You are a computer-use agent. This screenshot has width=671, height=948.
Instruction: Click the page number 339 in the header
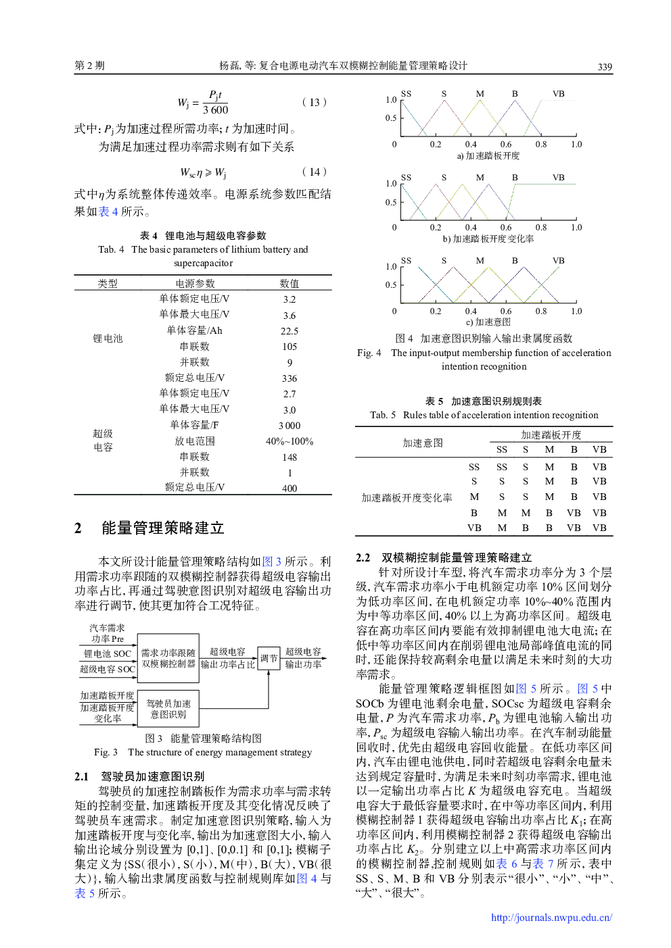click(x=605, y=67)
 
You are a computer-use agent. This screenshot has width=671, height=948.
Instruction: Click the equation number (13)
click(x=315, y=102)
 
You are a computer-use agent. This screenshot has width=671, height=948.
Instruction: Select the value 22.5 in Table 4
click(x=289, y=331)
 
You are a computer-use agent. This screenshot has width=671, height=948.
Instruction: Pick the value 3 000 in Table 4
click(x=289, y=426)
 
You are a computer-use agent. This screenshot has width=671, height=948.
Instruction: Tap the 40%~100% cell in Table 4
click(x=289, y=441)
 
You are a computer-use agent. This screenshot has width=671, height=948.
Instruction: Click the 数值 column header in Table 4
click(x=289, y=284)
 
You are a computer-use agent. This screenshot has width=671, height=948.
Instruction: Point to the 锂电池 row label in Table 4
click(x=108, y=339)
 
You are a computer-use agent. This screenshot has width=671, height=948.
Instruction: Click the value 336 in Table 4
click(x=289, y=378)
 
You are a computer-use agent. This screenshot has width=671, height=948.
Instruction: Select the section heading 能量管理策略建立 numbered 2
click(x=162, y=528)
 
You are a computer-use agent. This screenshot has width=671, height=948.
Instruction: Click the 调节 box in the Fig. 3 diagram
click(x=269, y=658)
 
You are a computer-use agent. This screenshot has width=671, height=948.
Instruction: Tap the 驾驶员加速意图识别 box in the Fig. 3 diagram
click(x=168, y=709)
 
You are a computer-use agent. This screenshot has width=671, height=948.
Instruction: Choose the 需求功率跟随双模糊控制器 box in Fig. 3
click(x=168, y=658)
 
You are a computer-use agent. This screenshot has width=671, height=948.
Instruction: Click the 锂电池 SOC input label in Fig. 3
click(x=107, y=653)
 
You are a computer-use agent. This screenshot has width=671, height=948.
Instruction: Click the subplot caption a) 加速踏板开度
click(x=488, y=156)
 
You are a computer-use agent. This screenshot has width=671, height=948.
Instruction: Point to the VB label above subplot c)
click(x=558, y=261)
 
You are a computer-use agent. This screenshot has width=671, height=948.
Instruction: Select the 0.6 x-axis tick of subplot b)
click(x=506, y=228)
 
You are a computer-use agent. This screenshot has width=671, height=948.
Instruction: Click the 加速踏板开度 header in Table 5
click(x=551, y=435)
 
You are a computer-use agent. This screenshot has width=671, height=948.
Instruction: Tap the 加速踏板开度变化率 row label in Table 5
click(x=407, y=498)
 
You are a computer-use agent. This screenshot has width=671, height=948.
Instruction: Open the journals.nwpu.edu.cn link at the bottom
click(x=551, y=918)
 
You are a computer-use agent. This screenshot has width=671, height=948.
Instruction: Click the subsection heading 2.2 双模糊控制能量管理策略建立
click(x=444, y=557)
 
